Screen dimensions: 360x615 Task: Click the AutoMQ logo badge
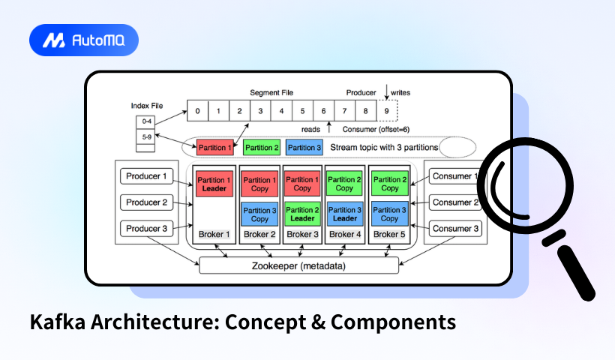[x=83, y=40]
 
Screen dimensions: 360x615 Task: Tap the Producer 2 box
[x=148, y=202]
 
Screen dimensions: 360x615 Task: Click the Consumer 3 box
[x=456, y=228]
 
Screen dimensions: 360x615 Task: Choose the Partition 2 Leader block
[x=302, y=214]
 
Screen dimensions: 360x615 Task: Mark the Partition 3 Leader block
[x=345, y=214]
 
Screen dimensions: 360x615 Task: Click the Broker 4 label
[x=345, y=235]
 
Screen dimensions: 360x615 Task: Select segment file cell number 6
[x=324, y=111]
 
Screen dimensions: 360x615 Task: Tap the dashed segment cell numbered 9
[x=386, y=111]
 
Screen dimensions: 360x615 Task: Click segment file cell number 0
[x=197, y=111]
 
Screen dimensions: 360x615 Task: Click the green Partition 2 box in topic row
[x=262, y=148]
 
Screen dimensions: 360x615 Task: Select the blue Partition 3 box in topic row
[x=304, y=148]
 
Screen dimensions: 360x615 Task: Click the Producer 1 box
[x=148, y=176]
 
